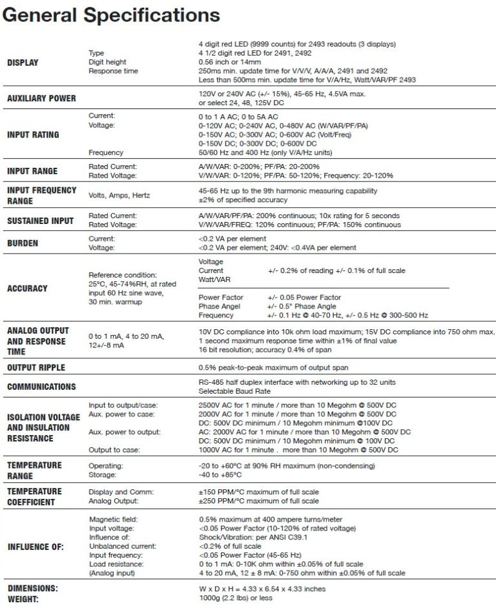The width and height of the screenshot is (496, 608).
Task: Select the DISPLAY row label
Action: (x=23, y=63)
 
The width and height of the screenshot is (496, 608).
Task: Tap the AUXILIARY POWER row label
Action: (x=41, y=98)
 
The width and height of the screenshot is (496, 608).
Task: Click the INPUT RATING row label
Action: (x=33, y=134)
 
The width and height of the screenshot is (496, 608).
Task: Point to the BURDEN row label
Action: (x=23, y=243)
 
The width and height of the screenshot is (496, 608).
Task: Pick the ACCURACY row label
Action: (x=28, y=289)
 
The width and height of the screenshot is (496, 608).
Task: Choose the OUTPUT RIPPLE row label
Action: (x=38, y=367)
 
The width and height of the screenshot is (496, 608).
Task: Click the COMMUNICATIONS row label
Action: (x=41, y=387)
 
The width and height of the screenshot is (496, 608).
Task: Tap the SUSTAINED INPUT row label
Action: (x=39, y=221)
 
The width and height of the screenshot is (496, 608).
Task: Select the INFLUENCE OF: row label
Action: (x=36, y=546)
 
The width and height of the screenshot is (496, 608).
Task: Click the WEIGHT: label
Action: (x=25, y=598)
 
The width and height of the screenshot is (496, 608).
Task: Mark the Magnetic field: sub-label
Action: (x=113, y=519)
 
